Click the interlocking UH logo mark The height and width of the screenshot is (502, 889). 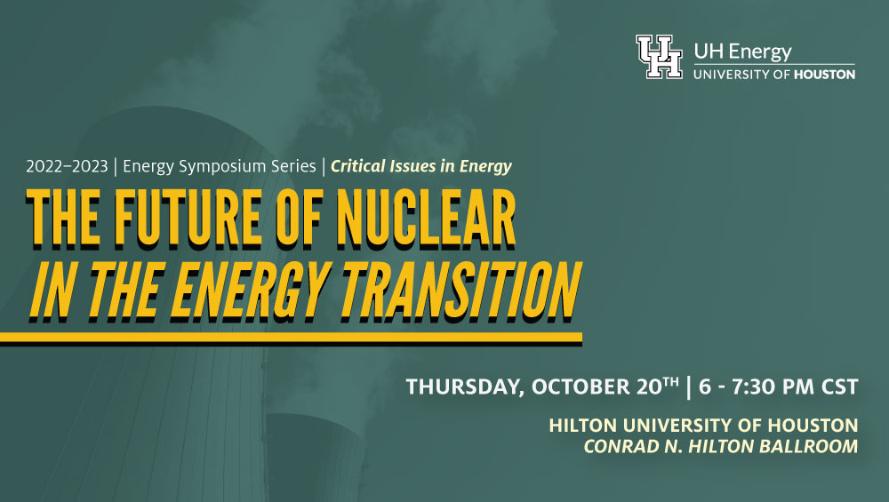coord(659,57)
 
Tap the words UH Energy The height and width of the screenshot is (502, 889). coord(742,52)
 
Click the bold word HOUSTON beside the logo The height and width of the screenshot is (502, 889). coord(824,75)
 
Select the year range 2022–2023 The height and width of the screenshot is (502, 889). coord(67,166)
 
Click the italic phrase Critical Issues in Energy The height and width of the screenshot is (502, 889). coord(421,166)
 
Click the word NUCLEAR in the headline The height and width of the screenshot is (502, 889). coord(427,219)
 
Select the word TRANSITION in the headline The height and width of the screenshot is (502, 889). coord(461,291)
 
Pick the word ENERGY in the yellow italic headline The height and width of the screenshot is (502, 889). coord(250,291)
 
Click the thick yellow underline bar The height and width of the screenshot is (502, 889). coord(291,339)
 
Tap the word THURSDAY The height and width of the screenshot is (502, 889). coord(465,387)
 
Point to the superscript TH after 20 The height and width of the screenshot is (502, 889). coord(670,382)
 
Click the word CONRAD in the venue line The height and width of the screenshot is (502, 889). coord(617,447)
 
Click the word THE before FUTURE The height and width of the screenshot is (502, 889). coord(64,219)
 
